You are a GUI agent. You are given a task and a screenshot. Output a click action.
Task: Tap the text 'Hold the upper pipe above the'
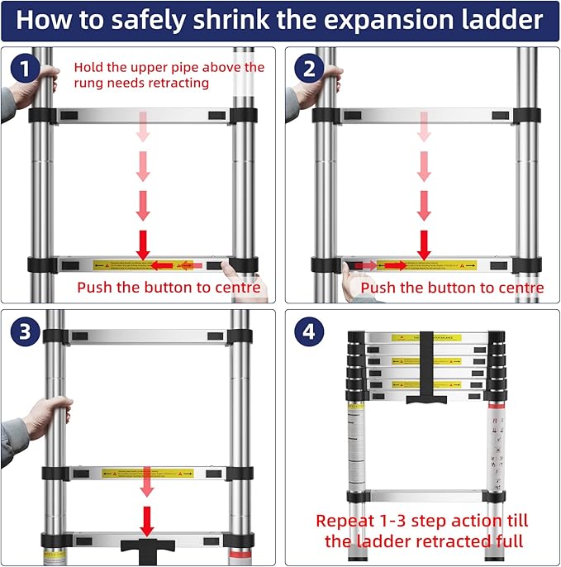pyautogui.click(x=169, y=67)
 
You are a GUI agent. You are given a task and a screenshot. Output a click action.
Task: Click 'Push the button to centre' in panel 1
pyautogui.click(x=169, y=288)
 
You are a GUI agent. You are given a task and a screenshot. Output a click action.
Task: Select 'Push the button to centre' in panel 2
pyautogui.click(x=453, y=288)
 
